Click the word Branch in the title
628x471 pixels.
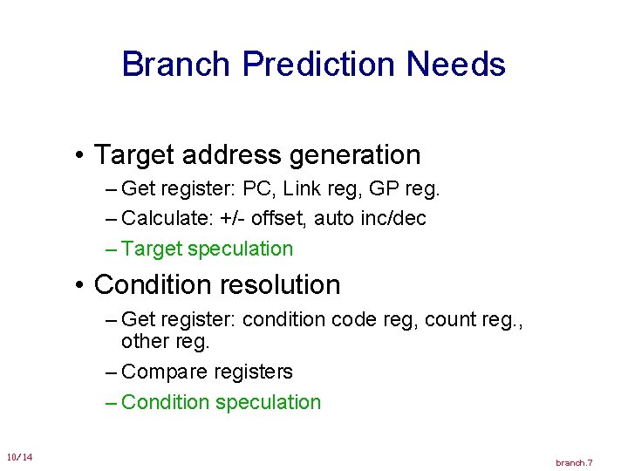click(x=177, y=65)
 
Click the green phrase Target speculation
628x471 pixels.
click(x=208, y=249)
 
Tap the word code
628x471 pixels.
click(x=357, y=320)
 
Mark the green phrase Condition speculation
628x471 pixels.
click(x=222, y=402)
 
